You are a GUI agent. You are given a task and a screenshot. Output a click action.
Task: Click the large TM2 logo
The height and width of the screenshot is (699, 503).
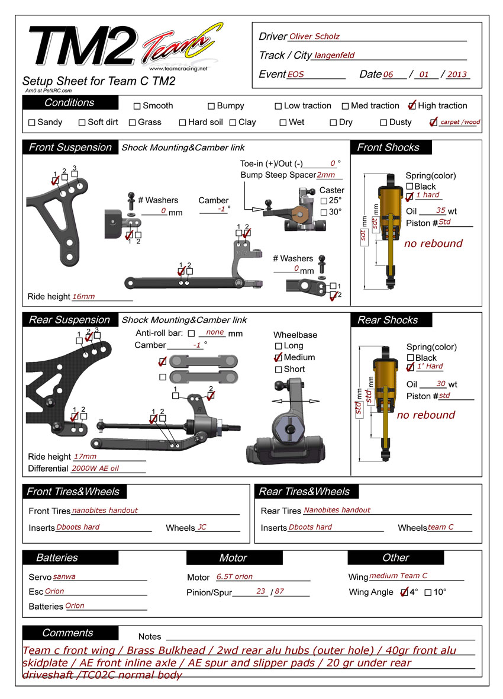click(80, 46)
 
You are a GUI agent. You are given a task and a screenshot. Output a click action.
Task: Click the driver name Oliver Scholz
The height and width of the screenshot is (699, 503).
click(314, 37)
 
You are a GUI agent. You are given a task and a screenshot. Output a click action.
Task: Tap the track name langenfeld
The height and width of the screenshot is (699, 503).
click(334, 56)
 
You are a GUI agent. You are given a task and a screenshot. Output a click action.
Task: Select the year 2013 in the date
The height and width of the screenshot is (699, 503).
click(457, 75)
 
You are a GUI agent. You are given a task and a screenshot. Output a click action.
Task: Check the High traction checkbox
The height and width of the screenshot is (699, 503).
click(412, 106)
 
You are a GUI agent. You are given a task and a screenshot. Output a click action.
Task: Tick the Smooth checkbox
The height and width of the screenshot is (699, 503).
click(137, 107)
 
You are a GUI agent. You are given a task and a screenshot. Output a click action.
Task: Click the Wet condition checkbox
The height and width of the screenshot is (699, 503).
click(283, 123)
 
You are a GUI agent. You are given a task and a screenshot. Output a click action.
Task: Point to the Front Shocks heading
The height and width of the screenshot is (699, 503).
click(388, 148)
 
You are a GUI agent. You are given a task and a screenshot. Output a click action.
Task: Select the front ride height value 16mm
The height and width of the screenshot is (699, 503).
click(83, 297)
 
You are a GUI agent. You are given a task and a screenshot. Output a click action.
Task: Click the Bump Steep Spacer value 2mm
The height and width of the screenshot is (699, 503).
click(326, 175)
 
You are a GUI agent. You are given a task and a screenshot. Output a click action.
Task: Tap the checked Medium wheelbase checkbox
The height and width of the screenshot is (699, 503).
click(278, 358)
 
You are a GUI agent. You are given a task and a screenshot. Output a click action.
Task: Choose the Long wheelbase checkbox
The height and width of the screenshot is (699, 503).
click(279, 346)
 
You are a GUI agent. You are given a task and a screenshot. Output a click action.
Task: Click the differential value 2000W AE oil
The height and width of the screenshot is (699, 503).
click(95, 468)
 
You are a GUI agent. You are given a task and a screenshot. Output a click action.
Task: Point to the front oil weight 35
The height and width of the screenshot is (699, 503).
click(440, 210)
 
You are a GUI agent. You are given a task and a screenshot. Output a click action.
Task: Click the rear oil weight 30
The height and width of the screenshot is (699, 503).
click(440, 384)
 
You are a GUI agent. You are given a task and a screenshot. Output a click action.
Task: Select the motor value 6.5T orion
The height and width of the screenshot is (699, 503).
click(234, 576)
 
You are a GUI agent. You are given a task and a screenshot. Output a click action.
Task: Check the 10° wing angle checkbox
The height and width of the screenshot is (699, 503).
click(428, 592)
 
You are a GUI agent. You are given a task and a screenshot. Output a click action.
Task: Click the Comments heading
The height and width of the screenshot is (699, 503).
click(67, 633)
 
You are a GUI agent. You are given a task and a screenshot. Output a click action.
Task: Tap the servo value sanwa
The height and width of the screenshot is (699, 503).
click(65, 576)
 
